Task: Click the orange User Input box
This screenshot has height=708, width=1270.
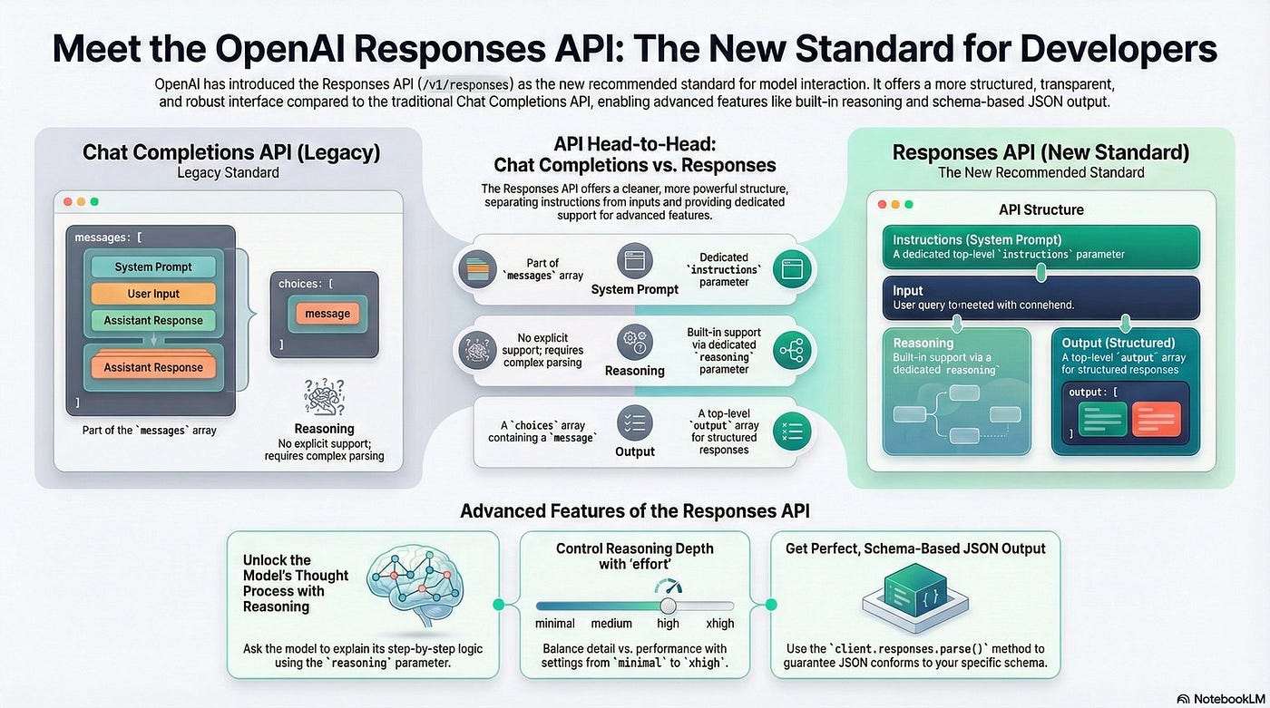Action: (153, 294)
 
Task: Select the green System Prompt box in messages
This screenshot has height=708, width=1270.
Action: (153, 267)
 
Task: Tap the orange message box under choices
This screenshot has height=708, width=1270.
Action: (327, 314)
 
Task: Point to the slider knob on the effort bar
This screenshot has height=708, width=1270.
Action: (669, 606)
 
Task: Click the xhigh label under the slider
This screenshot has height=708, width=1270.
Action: (719, 624)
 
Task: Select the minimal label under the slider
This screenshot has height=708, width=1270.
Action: (555, 624)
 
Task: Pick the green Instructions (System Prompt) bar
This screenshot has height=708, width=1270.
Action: (1041, 247)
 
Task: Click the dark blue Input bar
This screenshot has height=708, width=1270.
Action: (1041, 297)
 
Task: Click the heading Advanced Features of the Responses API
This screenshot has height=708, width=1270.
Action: (634, 510)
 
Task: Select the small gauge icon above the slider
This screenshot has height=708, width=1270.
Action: (668, 586)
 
